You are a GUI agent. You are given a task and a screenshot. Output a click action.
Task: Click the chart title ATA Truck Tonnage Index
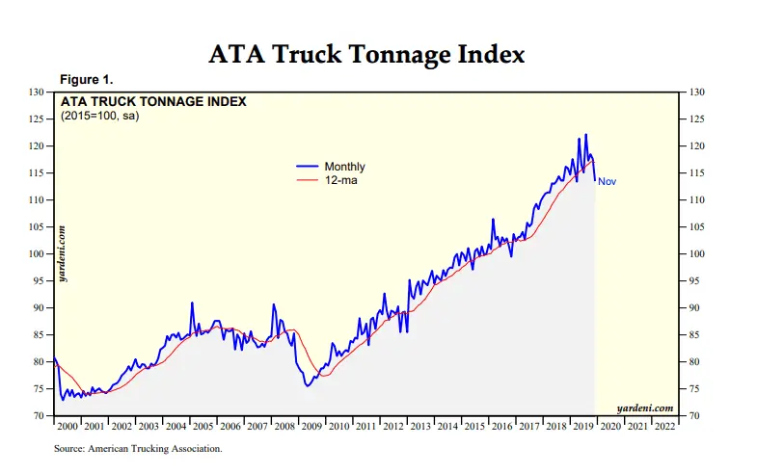[367, 55]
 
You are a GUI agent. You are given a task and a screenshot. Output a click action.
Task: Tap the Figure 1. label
[87, 79]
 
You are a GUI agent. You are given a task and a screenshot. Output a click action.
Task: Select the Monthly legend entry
[344, 167]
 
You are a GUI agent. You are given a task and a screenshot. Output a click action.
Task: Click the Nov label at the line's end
[607, 181]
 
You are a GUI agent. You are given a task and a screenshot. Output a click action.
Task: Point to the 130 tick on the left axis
[38, 92]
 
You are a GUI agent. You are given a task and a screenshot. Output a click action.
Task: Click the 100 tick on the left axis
[38, 254]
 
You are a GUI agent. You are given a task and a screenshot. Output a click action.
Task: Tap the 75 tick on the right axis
[696, 389]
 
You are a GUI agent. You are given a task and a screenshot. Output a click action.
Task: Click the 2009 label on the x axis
[311, 426]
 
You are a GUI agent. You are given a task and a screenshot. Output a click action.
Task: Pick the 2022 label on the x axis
[664, 426]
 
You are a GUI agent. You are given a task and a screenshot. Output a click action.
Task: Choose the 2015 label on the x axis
[474, 426]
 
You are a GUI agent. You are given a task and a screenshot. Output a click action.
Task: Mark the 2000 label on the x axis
[68, 426]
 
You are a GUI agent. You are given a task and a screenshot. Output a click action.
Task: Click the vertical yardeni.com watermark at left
[63, 252]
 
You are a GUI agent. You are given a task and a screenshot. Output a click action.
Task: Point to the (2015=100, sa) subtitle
[101, 116]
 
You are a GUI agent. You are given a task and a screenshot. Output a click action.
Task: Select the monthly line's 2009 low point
[307, 386]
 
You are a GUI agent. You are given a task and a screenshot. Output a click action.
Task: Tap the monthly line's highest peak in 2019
[585, 135]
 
